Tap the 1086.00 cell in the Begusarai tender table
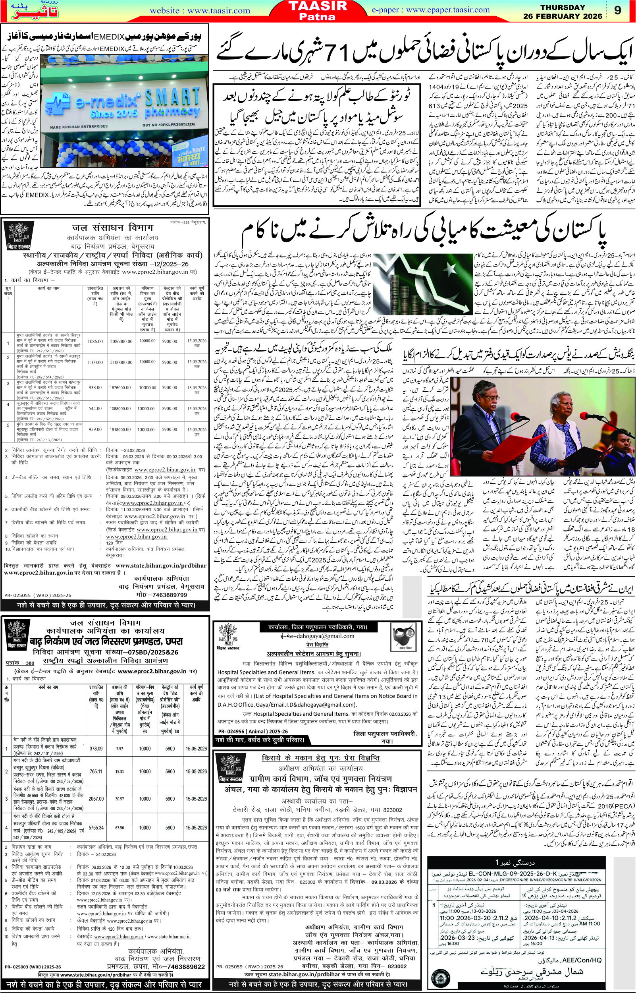tap(94, 342)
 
